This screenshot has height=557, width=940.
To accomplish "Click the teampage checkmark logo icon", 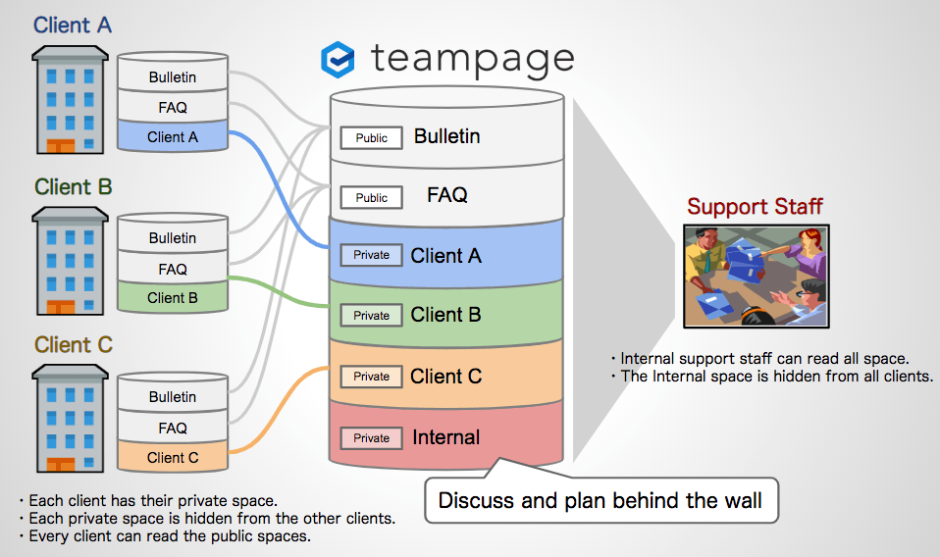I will tap(339, 60).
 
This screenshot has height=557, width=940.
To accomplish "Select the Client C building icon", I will tap(67, 419).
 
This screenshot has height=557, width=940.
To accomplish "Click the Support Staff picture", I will tap(755, 276).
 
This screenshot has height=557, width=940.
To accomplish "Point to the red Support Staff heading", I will tap(755, 206).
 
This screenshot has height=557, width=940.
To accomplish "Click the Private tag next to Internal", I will tap(371, 438).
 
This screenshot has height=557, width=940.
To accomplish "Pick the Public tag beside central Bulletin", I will tap(371, 138).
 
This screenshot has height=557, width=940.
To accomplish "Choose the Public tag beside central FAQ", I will tap(371, 198).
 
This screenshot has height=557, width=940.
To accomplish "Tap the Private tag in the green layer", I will tap(371, 316).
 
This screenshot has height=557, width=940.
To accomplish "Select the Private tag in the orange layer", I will tap(371, 377).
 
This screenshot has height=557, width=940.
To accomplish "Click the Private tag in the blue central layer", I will tap(371, 255).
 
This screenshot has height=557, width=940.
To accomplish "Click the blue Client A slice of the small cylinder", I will tap(173, 137).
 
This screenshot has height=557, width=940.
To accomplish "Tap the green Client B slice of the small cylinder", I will tap(173, 298).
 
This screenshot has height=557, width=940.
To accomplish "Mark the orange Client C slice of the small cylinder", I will tap(173, 457).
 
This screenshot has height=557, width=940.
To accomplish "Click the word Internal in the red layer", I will tap(446, 437).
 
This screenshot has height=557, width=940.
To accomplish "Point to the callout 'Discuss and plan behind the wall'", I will tap(600, 500).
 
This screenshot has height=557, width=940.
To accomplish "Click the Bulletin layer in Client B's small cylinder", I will tap(173, 238).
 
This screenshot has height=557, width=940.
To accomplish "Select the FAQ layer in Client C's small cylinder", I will tap(173, 428).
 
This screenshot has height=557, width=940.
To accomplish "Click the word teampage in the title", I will tap(472, 59).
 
